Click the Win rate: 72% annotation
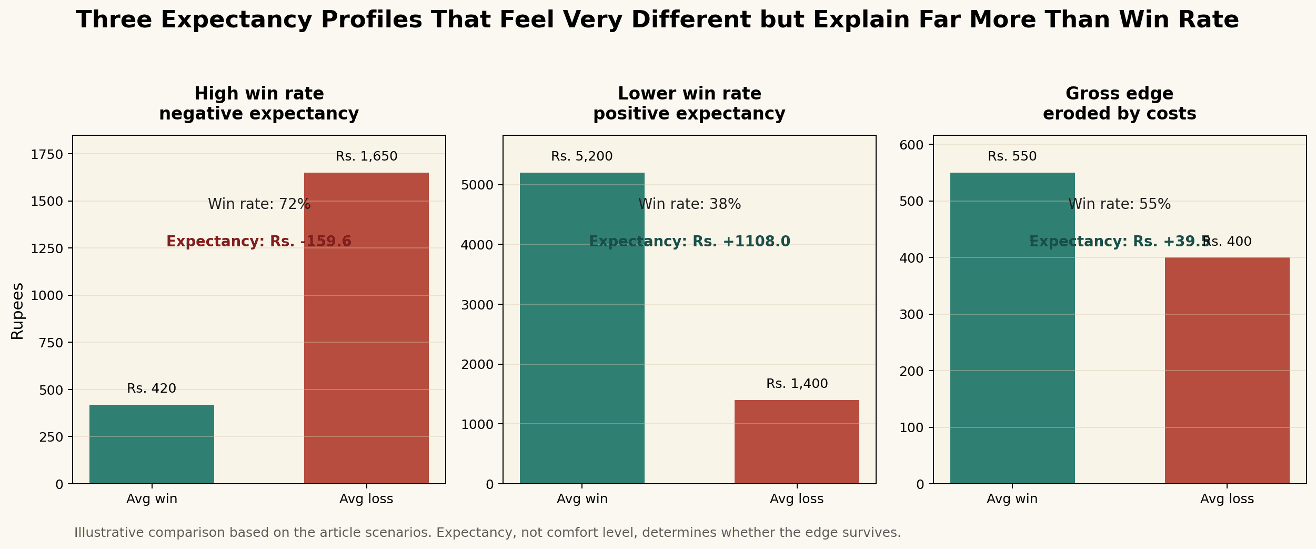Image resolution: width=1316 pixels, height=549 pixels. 259,204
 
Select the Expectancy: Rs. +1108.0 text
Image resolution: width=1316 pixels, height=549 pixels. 689,242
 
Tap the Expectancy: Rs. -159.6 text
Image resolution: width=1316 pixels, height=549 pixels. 259,242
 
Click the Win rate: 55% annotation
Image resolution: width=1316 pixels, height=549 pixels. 1119,204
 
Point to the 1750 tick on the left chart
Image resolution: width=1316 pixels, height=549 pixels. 47,154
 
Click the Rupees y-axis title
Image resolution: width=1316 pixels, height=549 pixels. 17,311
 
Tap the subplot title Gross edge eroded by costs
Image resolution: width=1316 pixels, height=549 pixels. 1119,104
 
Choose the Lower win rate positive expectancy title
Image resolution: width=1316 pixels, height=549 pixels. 689,104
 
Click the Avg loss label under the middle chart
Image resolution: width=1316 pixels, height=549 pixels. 797,499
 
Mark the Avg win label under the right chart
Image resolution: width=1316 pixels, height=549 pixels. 1012,499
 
